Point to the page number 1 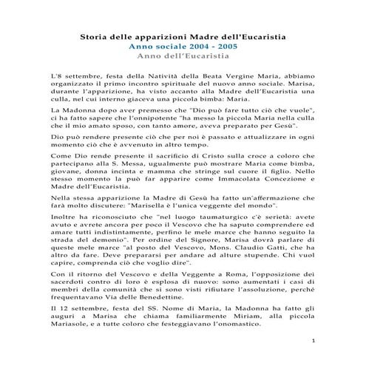click(x=314, y=342)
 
